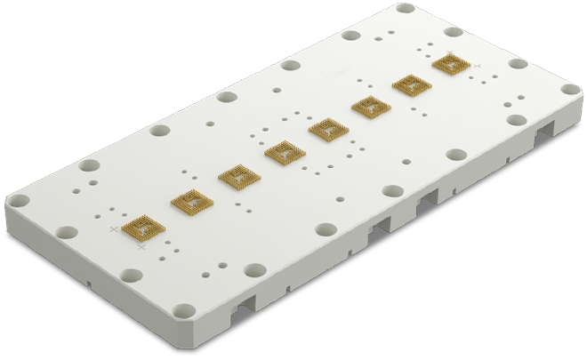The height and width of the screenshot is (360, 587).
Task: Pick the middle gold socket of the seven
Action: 285,154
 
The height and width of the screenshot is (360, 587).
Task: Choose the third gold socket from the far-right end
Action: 328,131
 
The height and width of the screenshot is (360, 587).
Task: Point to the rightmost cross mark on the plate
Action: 478,66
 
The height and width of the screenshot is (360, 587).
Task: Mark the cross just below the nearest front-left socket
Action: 142,248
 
